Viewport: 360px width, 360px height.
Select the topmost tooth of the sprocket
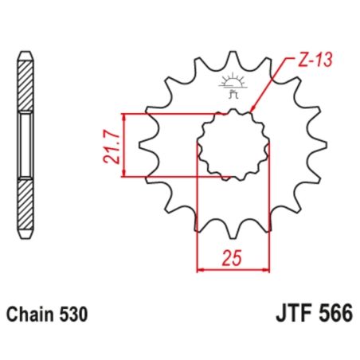click(x=232, y=60)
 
